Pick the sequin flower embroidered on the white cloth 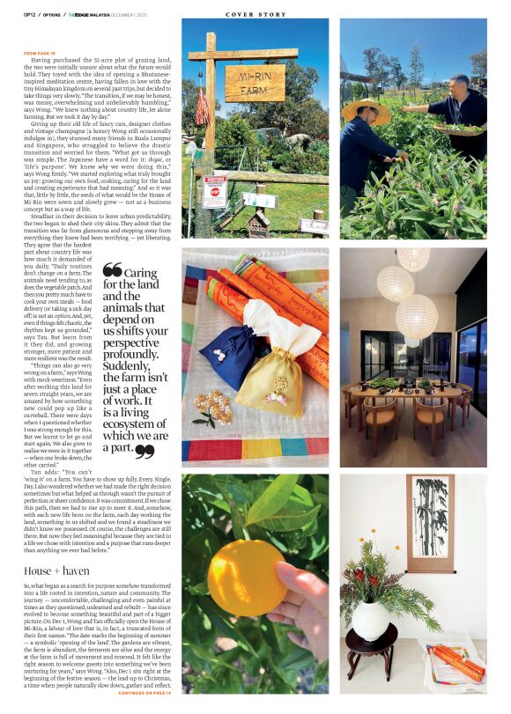coord(211,406)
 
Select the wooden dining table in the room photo coord(405,392)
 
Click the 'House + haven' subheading coord(52,571)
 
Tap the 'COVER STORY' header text coord(255,14)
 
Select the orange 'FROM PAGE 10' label coord(40,53)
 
